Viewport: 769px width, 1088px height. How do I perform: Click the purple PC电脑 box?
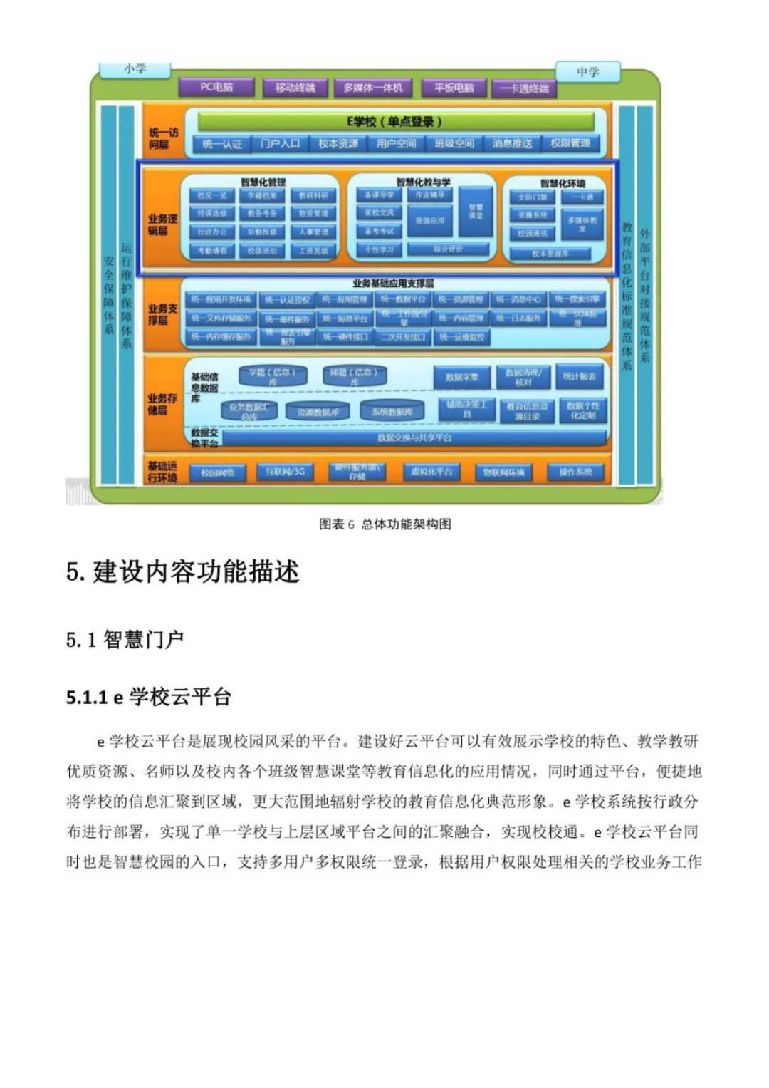coord(216,87)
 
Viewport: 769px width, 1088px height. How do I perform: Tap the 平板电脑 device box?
coord(454,88)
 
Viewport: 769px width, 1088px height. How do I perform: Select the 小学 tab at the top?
coord(135,69)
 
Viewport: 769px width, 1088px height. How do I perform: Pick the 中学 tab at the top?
coord(587,72)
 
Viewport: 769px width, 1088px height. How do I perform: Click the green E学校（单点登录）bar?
coord(394,121)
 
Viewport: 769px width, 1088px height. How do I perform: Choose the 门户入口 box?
coord(280,144)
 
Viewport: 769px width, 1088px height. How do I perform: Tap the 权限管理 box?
coord(570,144)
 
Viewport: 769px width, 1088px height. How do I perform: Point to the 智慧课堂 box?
coord(476,212)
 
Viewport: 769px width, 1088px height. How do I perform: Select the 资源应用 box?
coord(429,221)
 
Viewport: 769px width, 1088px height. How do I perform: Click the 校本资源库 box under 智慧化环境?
coord(550,253)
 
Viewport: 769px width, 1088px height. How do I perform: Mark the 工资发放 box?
coord(313,251)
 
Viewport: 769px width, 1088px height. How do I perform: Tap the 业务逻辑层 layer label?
coord(162,224)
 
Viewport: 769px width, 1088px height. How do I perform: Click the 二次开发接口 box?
coord(403,337)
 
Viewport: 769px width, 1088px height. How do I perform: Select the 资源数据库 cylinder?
coord(318,412)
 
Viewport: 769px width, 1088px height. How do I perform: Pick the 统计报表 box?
coord(579,377)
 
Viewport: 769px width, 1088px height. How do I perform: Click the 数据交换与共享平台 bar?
coord(414,438)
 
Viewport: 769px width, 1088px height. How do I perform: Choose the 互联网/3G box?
coord(285,472)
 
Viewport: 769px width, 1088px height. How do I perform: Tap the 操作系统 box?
coord(575,472)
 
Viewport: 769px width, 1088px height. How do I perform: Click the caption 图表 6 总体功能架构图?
coord(384,524)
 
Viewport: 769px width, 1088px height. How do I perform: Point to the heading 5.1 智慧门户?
coord(125,640)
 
